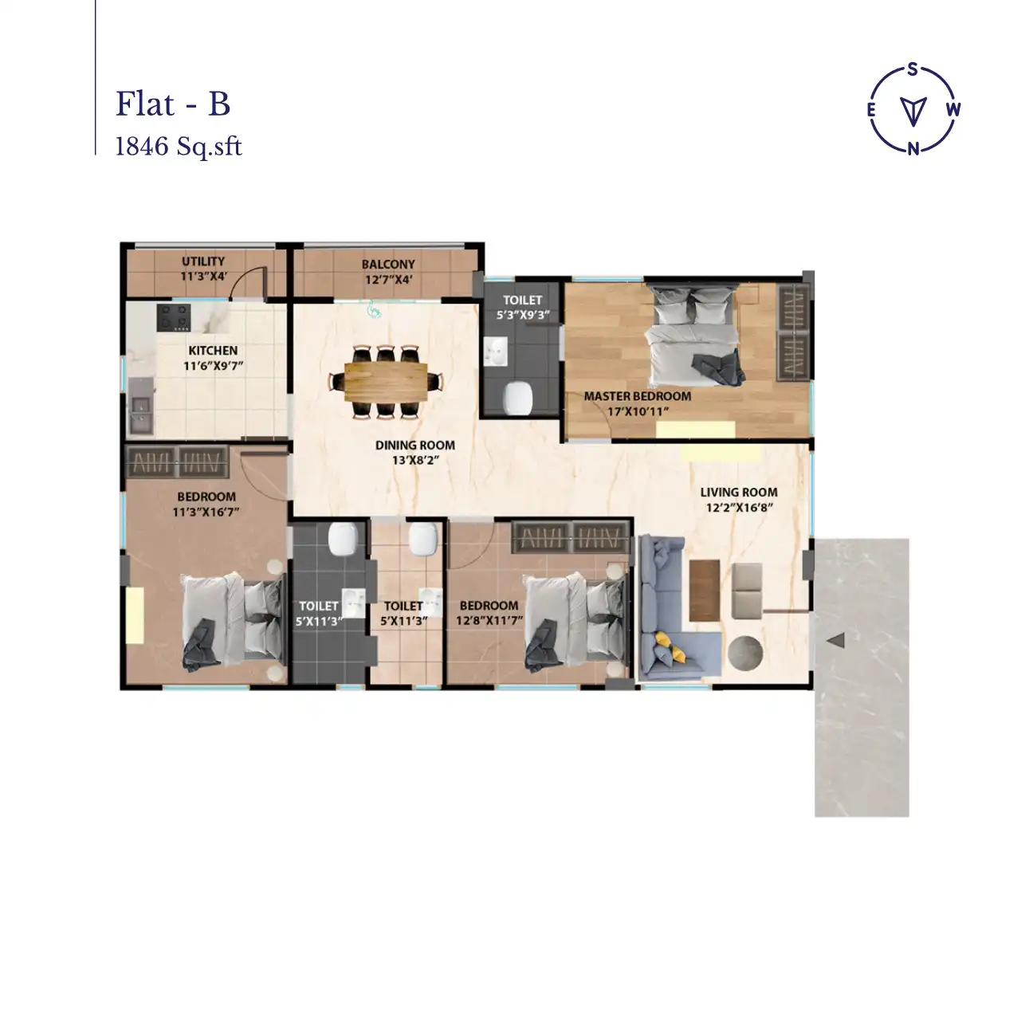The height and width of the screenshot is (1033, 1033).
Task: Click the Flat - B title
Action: click(x=173, y=104)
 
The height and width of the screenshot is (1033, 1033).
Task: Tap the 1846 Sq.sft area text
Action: click(x=179, y=147)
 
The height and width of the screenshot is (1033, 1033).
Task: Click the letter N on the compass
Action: click(x=914, y=148)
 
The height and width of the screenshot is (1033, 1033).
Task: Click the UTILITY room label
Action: click(x=202, y=261)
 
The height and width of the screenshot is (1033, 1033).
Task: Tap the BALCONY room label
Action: click(x=387, y=265)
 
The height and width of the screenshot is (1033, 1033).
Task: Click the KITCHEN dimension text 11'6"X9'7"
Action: click(x=213, y=366)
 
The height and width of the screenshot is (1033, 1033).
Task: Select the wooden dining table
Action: click(x=386, y=381)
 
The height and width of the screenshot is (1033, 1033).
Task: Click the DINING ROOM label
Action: click(x=414, y=446)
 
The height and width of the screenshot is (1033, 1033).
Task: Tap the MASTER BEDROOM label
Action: click(x=637, y=396)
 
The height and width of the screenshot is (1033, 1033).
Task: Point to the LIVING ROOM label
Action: click(x=738, y=493)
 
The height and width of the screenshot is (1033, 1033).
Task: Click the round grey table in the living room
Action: click(x=744, y=651)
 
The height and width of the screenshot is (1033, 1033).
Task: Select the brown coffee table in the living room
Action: click(x=705, y=590)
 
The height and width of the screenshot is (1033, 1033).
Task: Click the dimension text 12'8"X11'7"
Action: click(x=489, y=620)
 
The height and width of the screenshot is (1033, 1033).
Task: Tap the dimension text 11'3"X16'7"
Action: click(x=206, y=512)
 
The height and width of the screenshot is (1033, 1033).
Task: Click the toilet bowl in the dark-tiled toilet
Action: click(x=344, y=539)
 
